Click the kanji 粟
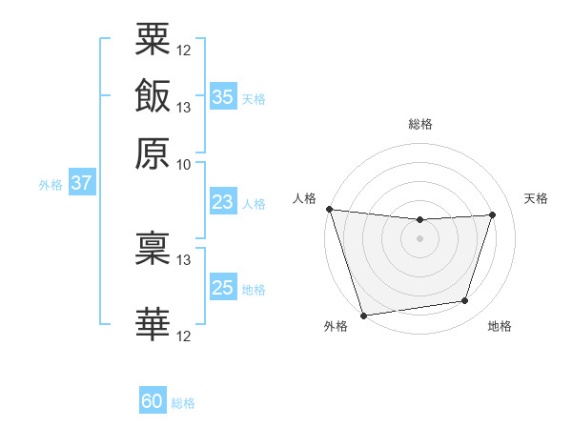pyautogui.click(x=153, y=40)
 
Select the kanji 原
pyautogui.click(x=153, y=153)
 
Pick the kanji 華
pyautogui.click(x=153, y=325)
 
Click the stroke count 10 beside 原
pyautogui.click(x=183, y=164)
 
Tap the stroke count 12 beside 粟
pyautogui.click(x=183, y=51)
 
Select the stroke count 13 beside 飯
pyautogui.click(x=183, y=107)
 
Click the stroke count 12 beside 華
pyautogui.click(x=183, y=336)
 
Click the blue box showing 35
pyautogui.click(x=223, y=96)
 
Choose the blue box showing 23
pyautogui.click(x=223, y=202)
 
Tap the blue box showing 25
pyautogui.click(x=223, y=288)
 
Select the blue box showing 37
pyautogui.click(x=81, y=183)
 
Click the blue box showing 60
pyautogui.click(x=153, y=401)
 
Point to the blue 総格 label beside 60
pyautogui.click(x=184, y=403)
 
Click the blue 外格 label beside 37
pyautogui.click(x=51, y=185)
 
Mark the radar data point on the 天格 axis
pyautogui.click(x=493, y=214)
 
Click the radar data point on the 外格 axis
pyautogui.click(x=364, y=315)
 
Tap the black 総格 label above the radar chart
pyautogui.click(x=419, y=124)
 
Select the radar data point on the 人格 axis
pyautogui.click(x=329, y=209)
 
